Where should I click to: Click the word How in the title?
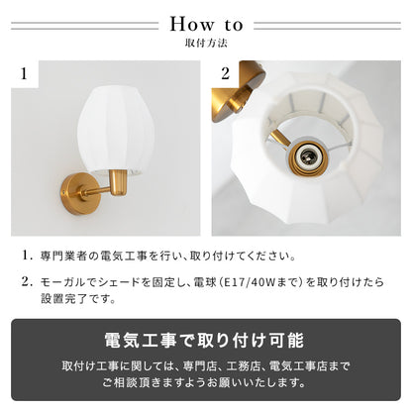tap(192, 25)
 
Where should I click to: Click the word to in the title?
tap(234, 26)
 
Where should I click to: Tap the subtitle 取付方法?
tap(206, 44)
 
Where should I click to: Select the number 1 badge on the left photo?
tap(24, 73)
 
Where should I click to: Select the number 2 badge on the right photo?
tap(225, 73)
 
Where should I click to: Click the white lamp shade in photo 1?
tap(113, 129)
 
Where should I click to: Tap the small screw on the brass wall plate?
tap(63, 191)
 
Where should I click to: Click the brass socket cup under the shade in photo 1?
tap(118, 182)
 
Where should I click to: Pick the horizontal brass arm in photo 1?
tap(96, 191)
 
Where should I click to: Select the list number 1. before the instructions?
tap(27, 256)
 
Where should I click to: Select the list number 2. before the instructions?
tap(27, 282)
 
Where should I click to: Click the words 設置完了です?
tap(78, 299)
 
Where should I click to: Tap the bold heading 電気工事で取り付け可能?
tap(204, 341)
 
